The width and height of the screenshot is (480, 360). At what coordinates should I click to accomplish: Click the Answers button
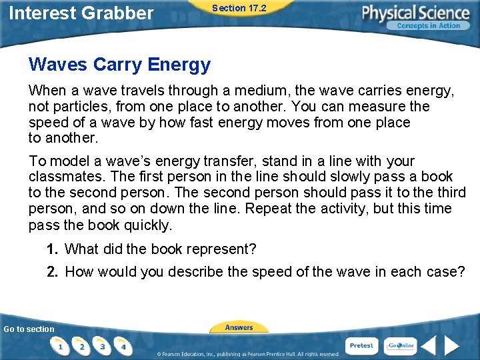click(239, 327)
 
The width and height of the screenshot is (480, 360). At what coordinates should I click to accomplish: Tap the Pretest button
click(361, 345)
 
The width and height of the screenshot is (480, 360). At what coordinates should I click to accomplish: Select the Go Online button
click(401, 345)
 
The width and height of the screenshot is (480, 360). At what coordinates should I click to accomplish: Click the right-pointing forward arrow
click(453, 346)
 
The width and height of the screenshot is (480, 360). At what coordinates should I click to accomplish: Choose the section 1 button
click(61, 346)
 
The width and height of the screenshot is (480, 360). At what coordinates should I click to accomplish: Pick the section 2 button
click(82, 346)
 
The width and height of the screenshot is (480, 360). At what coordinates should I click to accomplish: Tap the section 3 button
click(103, 346)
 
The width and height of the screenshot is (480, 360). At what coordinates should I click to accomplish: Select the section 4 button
click(123, 346)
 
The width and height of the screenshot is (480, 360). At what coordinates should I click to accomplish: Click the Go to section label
click(29, 329)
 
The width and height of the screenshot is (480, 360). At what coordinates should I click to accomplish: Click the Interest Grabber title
click(81, 13)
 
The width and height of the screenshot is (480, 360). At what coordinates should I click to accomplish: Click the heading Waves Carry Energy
click(119, 65)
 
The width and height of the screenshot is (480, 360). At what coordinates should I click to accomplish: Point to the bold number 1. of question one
click(53, 249)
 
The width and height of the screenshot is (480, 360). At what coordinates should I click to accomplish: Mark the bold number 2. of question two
click(53, 271)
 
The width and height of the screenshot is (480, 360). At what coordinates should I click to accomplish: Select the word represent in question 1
click(217, 249)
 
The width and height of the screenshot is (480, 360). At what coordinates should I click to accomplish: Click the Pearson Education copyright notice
click(248, 353)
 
